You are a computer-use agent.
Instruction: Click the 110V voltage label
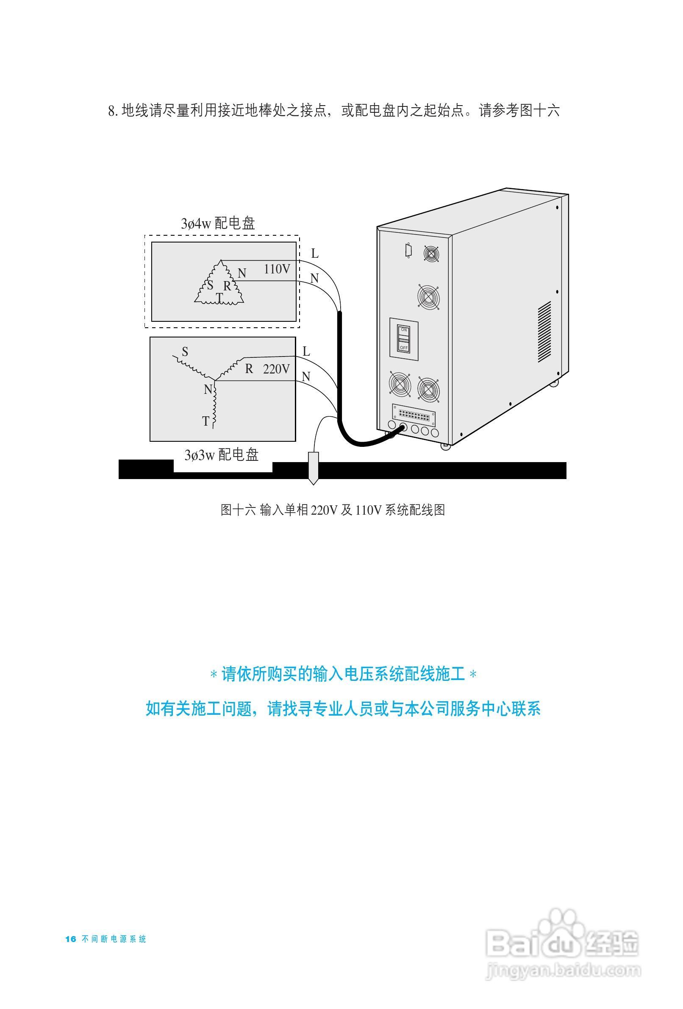[276, 269]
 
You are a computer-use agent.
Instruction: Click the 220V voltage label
[276, 369]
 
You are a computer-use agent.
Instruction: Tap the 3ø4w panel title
[218, 223]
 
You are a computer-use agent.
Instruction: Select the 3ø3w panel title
[221, 454]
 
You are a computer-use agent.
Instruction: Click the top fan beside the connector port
[431, 254]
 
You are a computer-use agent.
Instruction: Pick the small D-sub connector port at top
[408, 251]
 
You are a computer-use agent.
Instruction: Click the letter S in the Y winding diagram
[185, 352]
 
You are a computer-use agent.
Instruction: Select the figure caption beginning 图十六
[332, 510]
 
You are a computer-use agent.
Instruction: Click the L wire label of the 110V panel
[315, 254]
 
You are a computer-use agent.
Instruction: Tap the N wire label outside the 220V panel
[306, 376]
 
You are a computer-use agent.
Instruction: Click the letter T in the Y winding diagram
[205, 421]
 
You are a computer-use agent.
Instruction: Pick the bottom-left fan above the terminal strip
[400, 384]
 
